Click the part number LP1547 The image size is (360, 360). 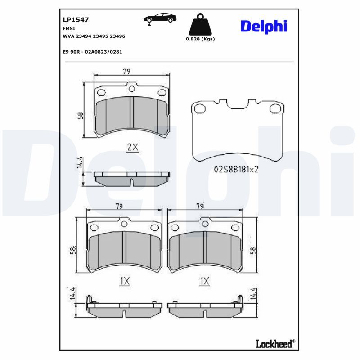76,20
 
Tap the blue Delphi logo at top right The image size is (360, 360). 264,27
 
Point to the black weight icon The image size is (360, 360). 200,24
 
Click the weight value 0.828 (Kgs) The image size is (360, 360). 200,39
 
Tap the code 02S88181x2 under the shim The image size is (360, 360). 236,170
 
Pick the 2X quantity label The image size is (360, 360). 133,147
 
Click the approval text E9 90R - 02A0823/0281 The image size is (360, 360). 92,52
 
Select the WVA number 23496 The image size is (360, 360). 117,36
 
